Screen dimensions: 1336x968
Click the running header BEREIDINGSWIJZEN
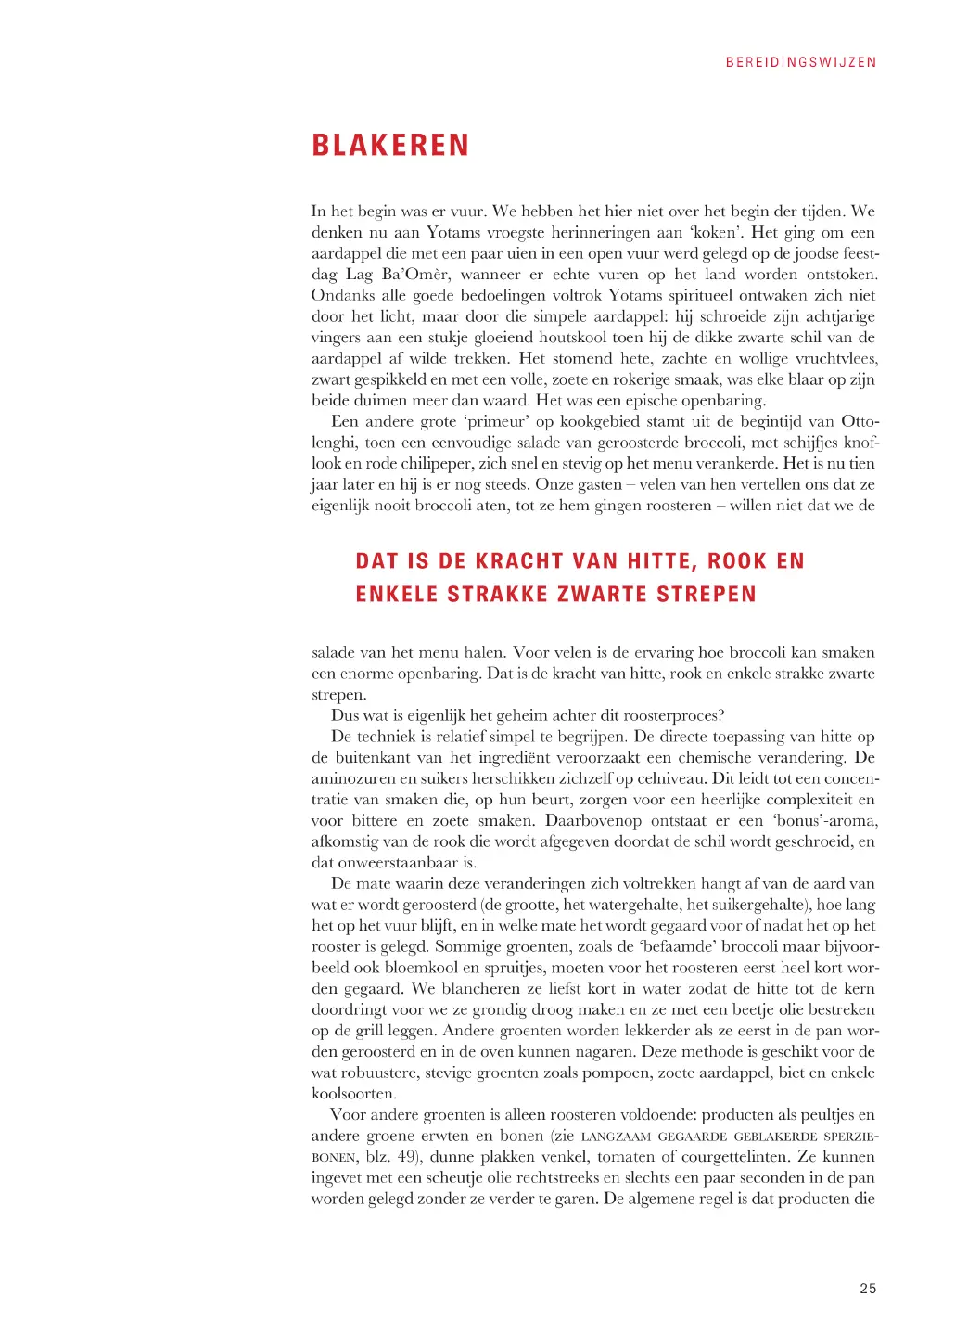tap(801, 62)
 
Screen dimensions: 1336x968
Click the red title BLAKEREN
tap(390, 146)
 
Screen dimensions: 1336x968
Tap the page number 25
tap(868, 1288)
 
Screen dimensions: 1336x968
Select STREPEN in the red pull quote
tap(707, 595)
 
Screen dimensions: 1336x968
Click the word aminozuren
tap(353, 778)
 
